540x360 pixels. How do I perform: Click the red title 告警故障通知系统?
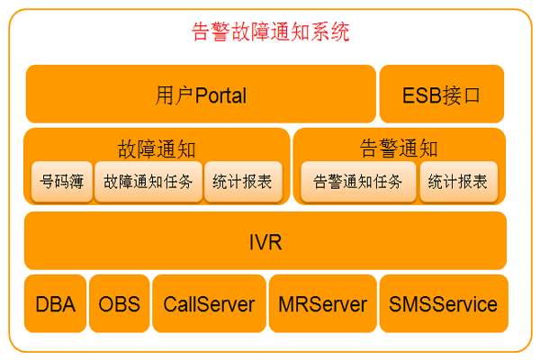[x=271, y=33]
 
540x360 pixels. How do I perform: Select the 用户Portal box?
[x=201, y=94]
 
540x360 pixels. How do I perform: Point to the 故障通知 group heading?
[x=157, y=148]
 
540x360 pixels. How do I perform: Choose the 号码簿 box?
[x=61, y=181]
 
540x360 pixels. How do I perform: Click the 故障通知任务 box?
[x=148, y=181]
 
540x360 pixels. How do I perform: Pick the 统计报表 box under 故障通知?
[x=243, y=181]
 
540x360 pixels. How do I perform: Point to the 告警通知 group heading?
[x=399, y=148]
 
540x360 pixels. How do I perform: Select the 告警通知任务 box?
[x=358, y=181]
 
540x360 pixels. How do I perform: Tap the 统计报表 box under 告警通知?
[x=458, y=181]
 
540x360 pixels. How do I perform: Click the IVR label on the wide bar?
[x=265, y=241]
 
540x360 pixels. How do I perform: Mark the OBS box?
[x=120, y=304]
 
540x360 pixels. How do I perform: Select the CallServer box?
[x=209, y=304]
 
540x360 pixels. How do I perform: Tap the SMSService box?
[x=443, y=304]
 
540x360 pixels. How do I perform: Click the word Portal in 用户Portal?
[x=220, y=94]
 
